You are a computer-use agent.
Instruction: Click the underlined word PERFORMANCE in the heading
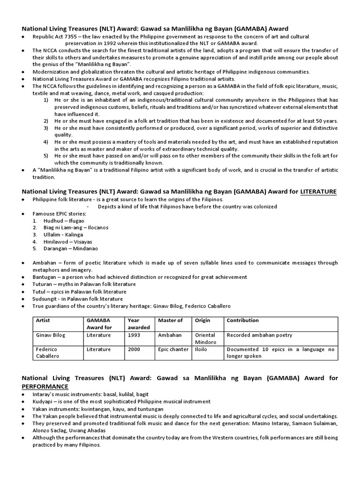coord(45,386)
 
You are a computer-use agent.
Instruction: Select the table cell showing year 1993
coord(134,335)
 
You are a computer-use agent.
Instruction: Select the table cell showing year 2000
coord(134,349)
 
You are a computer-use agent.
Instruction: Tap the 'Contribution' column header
coord(242,321)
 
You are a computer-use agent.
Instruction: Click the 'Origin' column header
coord(202,321)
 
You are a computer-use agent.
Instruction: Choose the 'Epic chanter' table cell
coord(172,349)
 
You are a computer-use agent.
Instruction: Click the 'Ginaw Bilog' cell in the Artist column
coord(49,335)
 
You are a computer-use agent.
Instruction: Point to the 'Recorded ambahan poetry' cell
coord(259,335)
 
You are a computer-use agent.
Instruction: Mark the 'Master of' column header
coord(171,321)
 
